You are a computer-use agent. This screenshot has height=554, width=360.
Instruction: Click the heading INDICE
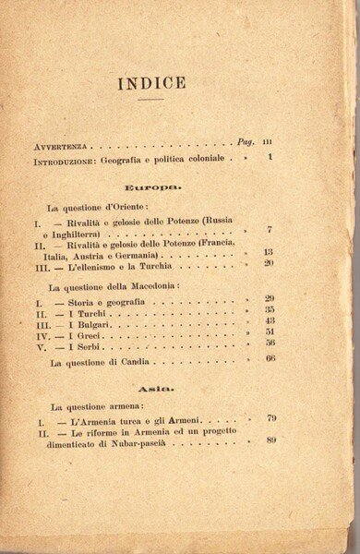(151, 83)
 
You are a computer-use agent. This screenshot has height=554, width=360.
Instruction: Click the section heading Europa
(153, 187)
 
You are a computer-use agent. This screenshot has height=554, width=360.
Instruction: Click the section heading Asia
(151, 388)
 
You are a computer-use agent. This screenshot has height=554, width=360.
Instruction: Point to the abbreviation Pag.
(245, 143)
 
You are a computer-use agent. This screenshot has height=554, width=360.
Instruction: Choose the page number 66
(270, 358)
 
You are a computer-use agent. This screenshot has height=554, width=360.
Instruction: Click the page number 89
(270, 440)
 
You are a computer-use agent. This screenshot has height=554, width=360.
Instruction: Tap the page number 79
(270, 419)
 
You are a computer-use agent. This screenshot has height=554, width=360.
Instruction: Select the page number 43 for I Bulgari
(269, 320)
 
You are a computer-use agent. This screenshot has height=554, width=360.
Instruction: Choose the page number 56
(270, 343)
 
